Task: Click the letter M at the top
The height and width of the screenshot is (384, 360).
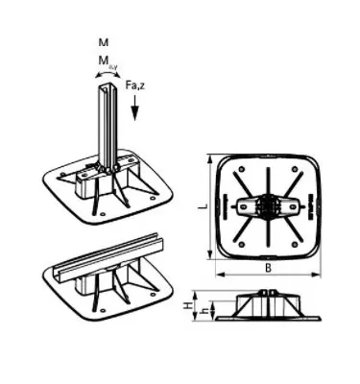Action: pyautogui.click(x=104, y=43)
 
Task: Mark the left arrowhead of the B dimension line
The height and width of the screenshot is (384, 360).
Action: pyautogui.click(x=216, y=274)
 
